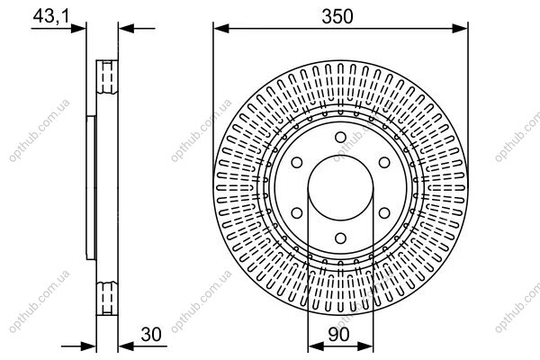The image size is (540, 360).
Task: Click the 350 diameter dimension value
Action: pyautogui.click(x=337, y=16)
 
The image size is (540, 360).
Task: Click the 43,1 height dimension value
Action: pyautogui.click(x=51, y=16)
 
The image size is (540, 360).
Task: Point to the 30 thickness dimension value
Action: pyautogui.click(x=151, y=335)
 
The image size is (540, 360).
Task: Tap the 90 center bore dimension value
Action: pyautogui.click(x=339, y=335)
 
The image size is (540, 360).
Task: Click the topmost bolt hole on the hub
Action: pyautogui.click(x=340, y=138)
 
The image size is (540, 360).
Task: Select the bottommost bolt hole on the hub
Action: pyautogui.click(x=340, y=238)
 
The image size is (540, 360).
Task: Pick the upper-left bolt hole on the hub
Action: pyautogui.click(x=297, y=163)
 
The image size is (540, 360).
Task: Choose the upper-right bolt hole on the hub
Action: pyautogui.click(x=384, y=163)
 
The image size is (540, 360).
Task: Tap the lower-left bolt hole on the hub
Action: pyautogui.click(x=297, y=213)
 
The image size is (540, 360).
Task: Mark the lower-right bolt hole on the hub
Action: pyautogui.click(x=384, y=213)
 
